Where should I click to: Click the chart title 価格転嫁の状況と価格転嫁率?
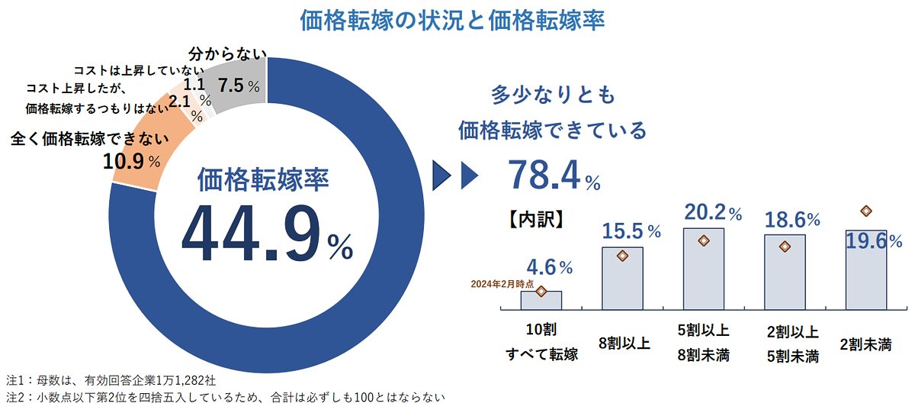pos(452,20)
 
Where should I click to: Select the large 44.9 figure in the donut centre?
pos(250,233)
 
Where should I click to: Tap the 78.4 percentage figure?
pos(544,175)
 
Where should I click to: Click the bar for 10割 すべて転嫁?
pos(541,300)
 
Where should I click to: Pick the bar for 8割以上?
pos(622,278)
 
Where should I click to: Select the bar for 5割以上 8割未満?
pos(703,269)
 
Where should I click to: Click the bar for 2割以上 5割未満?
pos(785,272)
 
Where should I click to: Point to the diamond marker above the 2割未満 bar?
pos(866,211)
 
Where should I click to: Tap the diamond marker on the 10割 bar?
pos(541,292)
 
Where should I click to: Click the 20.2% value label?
pos(713,213)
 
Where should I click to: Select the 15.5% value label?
pos(631,231)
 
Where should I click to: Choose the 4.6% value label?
pos(550,268)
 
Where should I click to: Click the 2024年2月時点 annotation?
pos(502,284)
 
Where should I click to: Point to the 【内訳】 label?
pos(536,220)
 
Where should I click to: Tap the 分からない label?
pos(227,54)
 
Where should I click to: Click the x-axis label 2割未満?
pos(865,344)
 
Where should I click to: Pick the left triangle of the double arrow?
pos(441,176)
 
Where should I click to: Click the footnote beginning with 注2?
pos(226,397)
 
